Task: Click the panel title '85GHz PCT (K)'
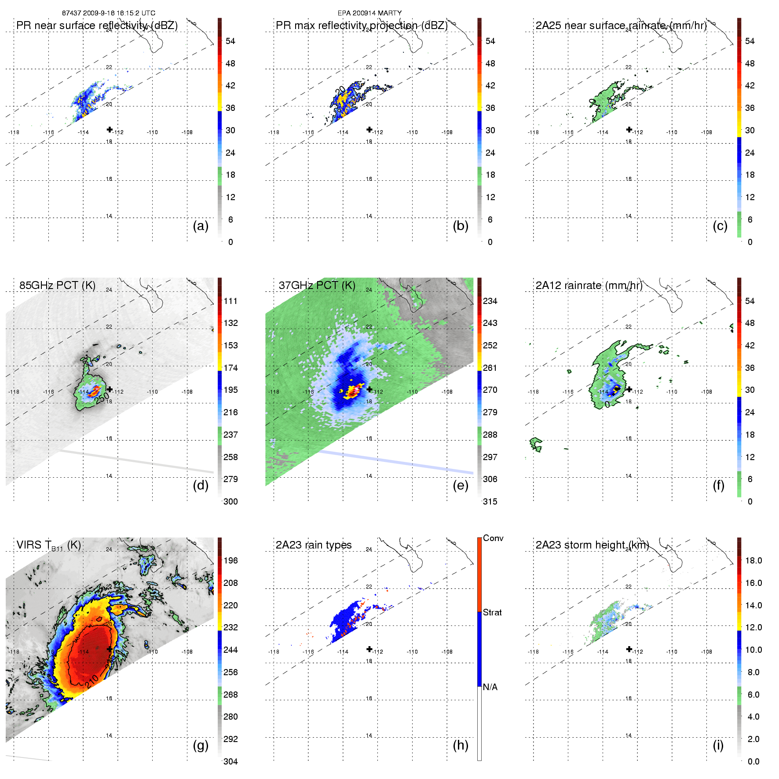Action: (57, 285)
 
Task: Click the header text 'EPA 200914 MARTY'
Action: (369, 13)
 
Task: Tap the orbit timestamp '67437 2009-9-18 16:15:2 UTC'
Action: (109, 13)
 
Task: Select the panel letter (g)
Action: (201, 745)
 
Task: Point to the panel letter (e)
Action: (461, 485)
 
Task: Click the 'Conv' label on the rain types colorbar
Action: (493, 538)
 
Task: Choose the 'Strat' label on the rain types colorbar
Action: (492, 612)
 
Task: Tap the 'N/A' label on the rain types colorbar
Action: (490, 687)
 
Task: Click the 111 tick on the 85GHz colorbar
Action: (230, 301)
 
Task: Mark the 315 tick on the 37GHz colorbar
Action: (490, 501)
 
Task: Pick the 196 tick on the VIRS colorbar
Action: (230, 560)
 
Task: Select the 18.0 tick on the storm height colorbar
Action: (753, 560)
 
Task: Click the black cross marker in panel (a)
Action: (110, 129)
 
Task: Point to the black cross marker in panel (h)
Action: (369, 649)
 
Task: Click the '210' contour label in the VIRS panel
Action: (91, 682)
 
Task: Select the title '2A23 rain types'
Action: (314, 545)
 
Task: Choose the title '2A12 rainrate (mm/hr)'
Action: (589, 285)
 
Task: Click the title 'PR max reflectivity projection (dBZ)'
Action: (362, 26)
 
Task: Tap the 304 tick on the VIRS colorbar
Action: (230, 761)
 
